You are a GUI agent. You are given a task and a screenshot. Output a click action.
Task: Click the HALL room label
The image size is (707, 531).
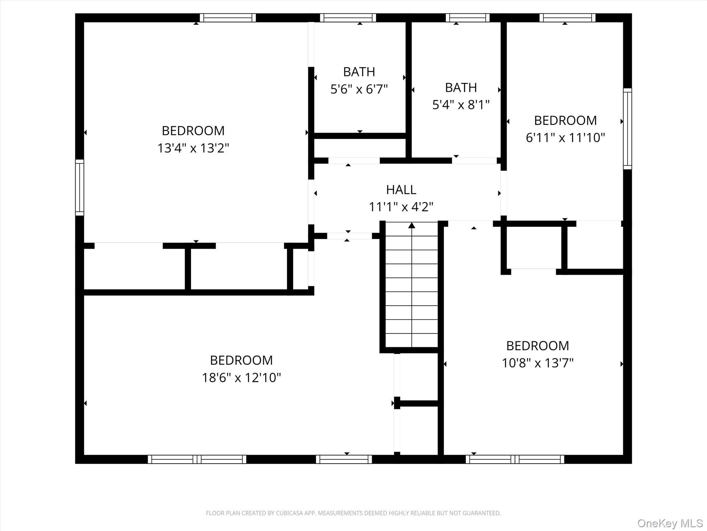click(x=401, y=190)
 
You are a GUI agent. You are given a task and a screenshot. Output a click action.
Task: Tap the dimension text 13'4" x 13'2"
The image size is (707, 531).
click(x=193, y=148)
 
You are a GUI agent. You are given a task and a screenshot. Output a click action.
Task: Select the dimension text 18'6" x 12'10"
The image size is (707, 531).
click(x=241, y=378)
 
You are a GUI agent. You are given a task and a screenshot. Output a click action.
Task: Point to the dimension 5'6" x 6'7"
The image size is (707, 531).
click(x=359, y=90)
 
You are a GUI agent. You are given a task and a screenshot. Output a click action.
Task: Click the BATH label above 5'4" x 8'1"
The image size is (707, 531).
click(x=461, y=88)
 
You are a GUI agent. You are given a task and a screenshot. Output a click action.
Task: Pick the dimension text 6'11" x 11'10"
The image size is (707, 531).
click(x=565, y=138)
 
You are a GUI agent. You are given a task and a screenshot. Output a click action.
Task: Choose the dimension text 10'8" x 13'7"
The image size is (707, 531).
click(x=537, y=363)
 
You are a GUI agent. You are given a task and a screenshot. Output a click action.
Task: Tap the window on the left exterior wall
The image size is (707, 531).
click(x=79, y=187)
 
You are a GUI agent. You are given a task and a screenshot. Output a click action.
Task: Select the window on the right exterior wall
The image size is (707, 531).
click(x=627, y=129)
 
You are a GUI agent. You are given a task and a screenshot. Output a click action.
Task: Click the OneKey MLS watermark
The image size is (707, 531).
click(x=669, y=523)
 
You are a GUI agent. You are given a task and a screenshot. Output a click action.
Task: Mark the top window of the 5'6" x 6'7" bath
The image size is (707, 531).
click(x=348, y=18)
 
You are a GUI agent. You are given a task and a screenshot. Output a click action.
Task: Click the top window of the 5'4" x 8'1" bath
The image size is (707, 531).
click(x=467, y=18)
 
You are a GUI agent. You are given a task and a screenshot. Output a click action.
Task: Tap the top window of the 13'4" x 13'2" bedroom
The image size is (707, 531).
click(x=228, y=18)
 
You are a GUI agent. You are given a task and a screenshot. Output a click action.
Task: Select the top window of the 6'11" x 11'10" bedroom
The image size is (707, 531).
click(x=567, y=18)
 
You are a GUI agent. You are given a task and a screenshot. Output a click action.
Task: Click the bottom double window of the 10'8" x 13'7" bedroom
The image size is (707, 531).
click(x=515, y=459)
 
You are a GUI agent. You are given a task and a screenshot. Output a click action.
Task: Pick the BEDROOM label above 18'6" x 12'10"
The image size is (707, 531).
click(x=241, y=360)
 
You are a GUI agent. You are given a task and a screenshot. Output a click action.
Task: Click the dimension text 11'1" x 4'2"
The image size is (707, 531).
click(x=401, y=207)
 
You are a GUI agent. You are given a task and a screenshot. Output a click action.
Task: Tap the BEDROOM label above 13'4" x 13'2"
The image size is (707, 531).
click(x=193, y=131)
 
